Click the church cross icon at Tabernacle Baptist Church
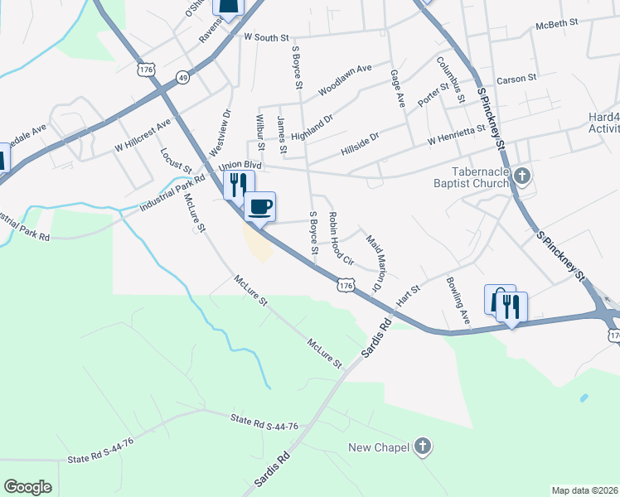click(x=521, y=176)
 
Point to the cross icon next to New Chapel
click(x=423, y=448)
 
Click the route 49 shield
click(x=182, y=77)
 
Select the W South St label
click(x=266, y=37)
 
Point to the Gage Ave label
click(x=398, y=89)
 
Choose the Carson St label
click(x=517, y=80)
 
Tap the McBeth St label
click(x=556, y=24)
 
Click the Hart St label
click(x=409, y=292)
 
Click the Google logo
click(x=28, y=487)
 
